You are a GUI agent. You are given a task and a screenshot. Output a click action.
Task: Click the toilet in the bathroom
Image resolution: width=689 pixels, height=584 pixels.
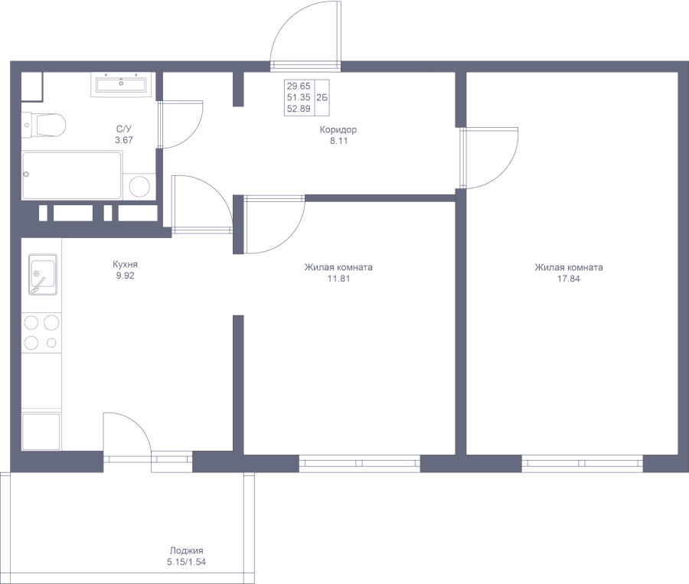(44, 124)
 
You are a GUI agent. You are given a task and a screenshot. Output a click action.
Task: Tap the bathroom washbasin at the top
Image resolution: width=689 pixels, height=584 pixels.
(122, 84)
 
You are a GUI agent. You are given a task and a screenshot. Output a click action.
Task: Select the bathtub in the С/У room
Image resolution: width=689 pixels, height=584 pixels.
(72, 175)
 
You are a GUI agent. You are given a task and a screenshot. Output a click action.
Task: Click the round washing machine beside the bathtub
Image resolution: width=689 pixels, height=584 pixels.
(140, 186)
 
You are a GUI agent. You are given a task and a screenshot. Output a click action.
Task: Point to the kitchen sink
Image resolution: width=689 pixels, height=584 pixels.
(43, 275)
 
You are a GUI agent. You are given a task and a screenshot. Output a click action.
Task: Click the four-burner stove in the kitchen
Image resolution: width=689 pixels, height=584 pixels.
(42, 332)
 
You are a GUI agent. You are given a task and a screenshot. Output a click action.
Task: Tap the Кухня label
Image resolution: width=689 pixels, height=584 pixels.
(126, 265)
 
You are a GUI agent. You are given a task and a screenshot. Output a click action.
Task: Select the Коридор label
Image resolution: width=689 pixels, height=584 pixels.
(338, 129)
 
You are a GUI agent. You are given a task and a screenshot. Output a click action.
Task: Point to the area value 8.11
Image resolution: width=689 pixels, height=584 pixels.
(339, 141)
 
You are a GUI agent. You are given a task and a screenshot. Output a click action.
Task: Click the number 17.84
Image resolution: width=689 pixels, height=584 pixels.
(569, 279)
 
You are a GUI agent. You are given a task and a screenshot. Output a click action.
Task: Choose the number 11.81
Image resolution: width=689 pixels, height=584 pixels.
(339, 279)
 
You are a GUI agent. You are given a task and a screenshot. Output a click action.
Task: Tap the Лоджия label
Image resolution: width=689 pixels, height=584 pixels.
(187, 550)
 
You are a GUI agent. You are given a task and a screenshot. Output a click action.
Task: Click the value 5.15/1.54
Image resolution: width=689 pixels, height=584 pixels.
(186, 562)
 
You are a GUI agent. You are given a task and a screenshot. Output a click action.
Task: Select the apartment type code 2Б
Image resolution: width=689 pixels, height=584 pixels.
(322, 97)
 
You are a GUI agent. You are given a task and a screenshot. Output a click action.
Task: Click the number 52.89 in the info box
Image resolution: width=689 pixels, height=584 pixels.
(299, 109)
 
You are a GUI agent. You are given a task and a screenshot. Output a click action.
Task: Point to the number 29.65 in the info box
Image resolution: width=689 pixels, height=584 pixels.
(299, 86)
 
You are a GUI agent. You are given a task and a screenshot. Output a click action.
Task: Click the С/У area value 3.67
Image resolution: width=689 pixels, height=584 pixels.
(124, 140)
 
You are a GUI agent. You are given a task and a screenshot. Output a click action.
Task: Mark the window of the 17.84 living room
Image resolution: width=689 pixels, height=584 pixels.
(583, 463)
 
